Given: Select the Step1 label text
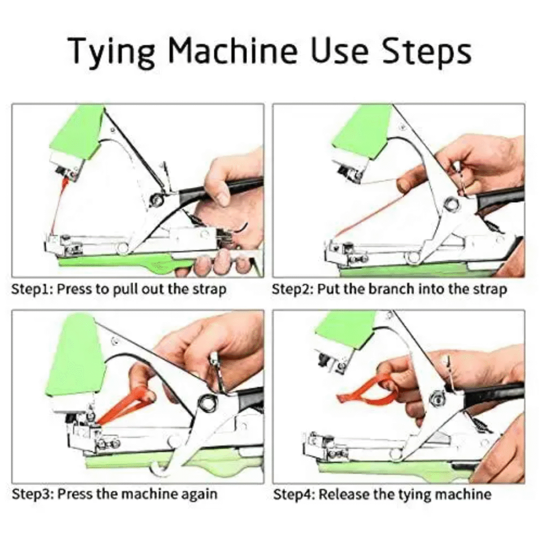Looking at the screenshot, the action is coord(32,289).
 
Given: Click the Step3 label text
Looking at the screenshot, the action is coord(32,494).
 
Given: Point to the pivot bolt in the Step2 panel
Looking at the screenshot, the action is coord(449,204).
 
